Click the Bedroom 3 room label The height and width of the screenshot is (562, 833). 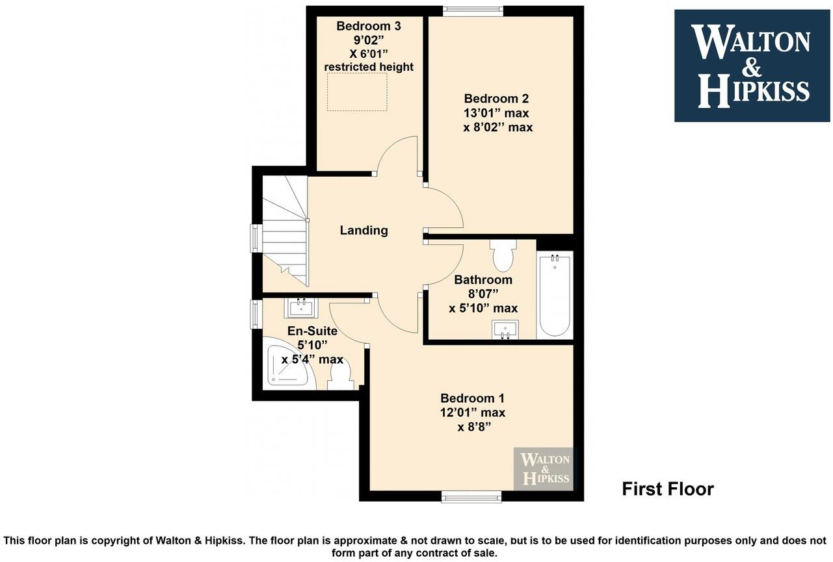[368, 26]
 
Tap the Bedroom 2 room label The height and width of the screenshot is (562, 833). [496, 99]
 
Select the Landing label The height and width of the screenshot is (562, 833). [364, 230]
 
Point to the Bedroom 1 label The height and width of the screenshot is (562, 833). [472, 398]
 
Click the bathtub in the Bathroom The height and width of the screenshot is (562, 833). [555, 296]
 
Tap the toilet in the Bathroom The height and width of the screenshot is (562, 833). [503, 255]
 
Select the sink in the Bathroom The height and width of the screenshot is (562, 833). [505, 329]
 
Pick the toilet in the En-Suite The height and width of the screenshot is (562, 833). [340, 376]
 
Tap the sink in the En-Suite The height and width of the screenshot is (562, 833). [300, 307]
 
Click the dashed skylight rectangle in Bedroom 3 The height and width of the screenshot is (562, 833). [357, 92]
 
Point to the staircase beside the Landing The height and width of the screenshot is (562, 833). [284, 231]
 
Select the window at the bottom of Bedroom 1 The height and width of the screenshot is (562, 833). [471, 497]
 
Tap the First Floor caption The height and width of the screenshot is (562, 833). [668, 489]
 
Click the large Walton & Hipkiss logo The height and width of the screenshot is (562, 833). [752, 66]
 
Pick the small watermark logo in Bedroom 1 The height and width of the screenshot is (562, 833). [545, 468]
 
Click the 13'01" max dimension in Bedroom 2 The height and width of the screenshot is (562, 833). [496, 113]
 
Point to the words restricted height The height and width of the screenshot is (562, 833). [369, 67]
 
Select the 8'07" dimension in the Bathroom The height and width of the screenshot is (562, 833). [483, 294]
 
